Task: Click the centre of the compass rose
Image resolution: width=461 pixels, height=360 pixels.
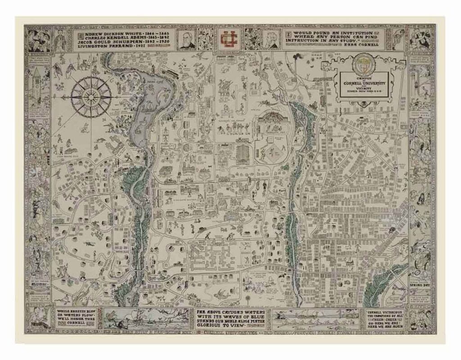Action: point(91,96)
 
